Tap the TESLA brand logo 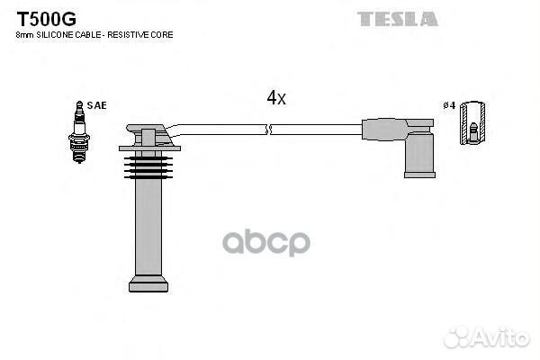398,18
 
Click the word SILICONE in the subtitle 53,34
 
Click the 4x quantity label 275,98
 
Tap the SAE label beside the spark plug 97,105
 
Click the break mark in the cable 268,131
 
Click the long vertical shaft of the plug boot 148,225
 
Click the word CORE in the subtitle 163,34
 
